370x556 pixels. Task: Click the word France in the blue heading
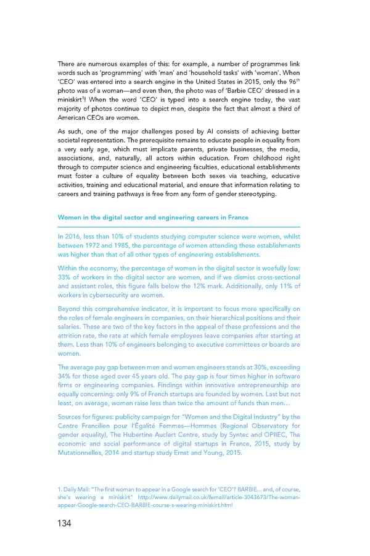pos(238,217)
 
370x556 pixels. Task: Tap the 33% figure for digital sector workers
pos(65,277)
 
